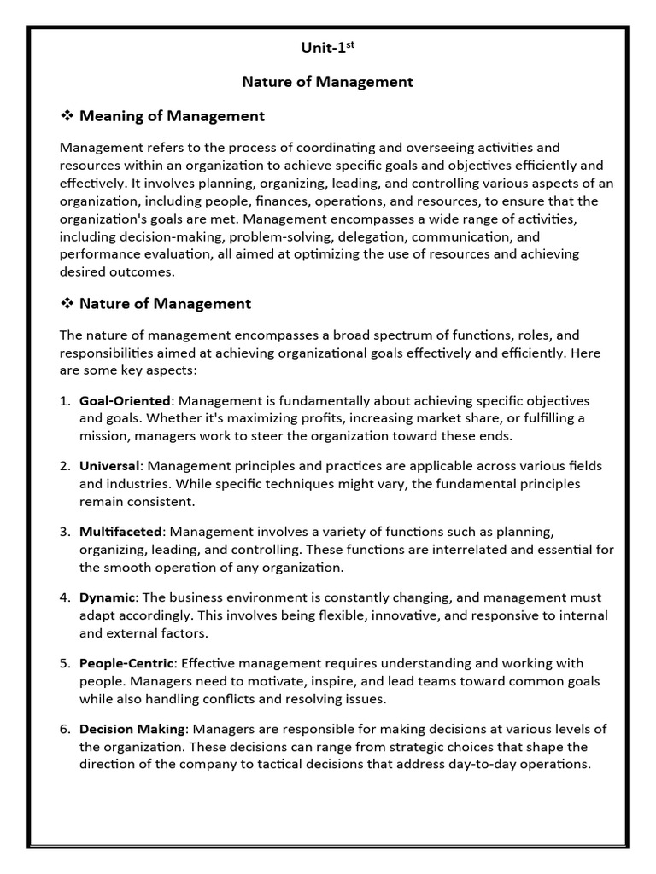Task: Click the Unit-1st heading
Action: pos(327,49)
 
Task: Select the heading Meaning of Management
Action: pos(172,116)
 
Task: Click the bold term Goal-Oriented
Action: pos(125,400)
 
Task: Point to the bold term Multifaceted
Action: pos(120,532)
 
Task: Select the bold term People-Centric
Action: pos(126,663)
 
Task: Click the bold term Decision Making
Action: pos(132,729)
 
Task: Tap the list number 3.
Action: pos(65,532)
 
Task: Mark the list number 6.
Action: pos(65,729)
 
